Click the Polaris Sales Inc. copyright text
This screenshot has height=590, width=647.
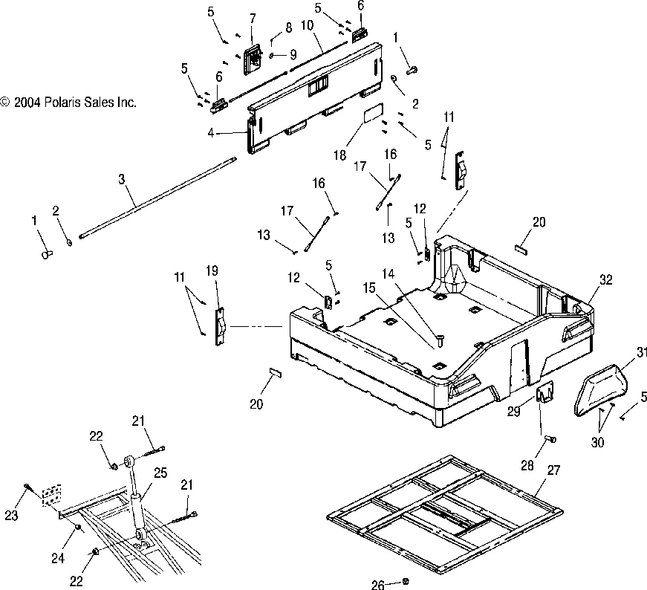(68, 103)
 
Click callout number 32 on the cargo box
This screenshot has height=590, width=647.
(606, 280)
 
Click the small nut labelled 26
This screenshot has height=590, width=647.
(406, 581)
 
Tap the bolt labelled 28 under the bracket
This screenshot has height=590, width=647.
(550, 439)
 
